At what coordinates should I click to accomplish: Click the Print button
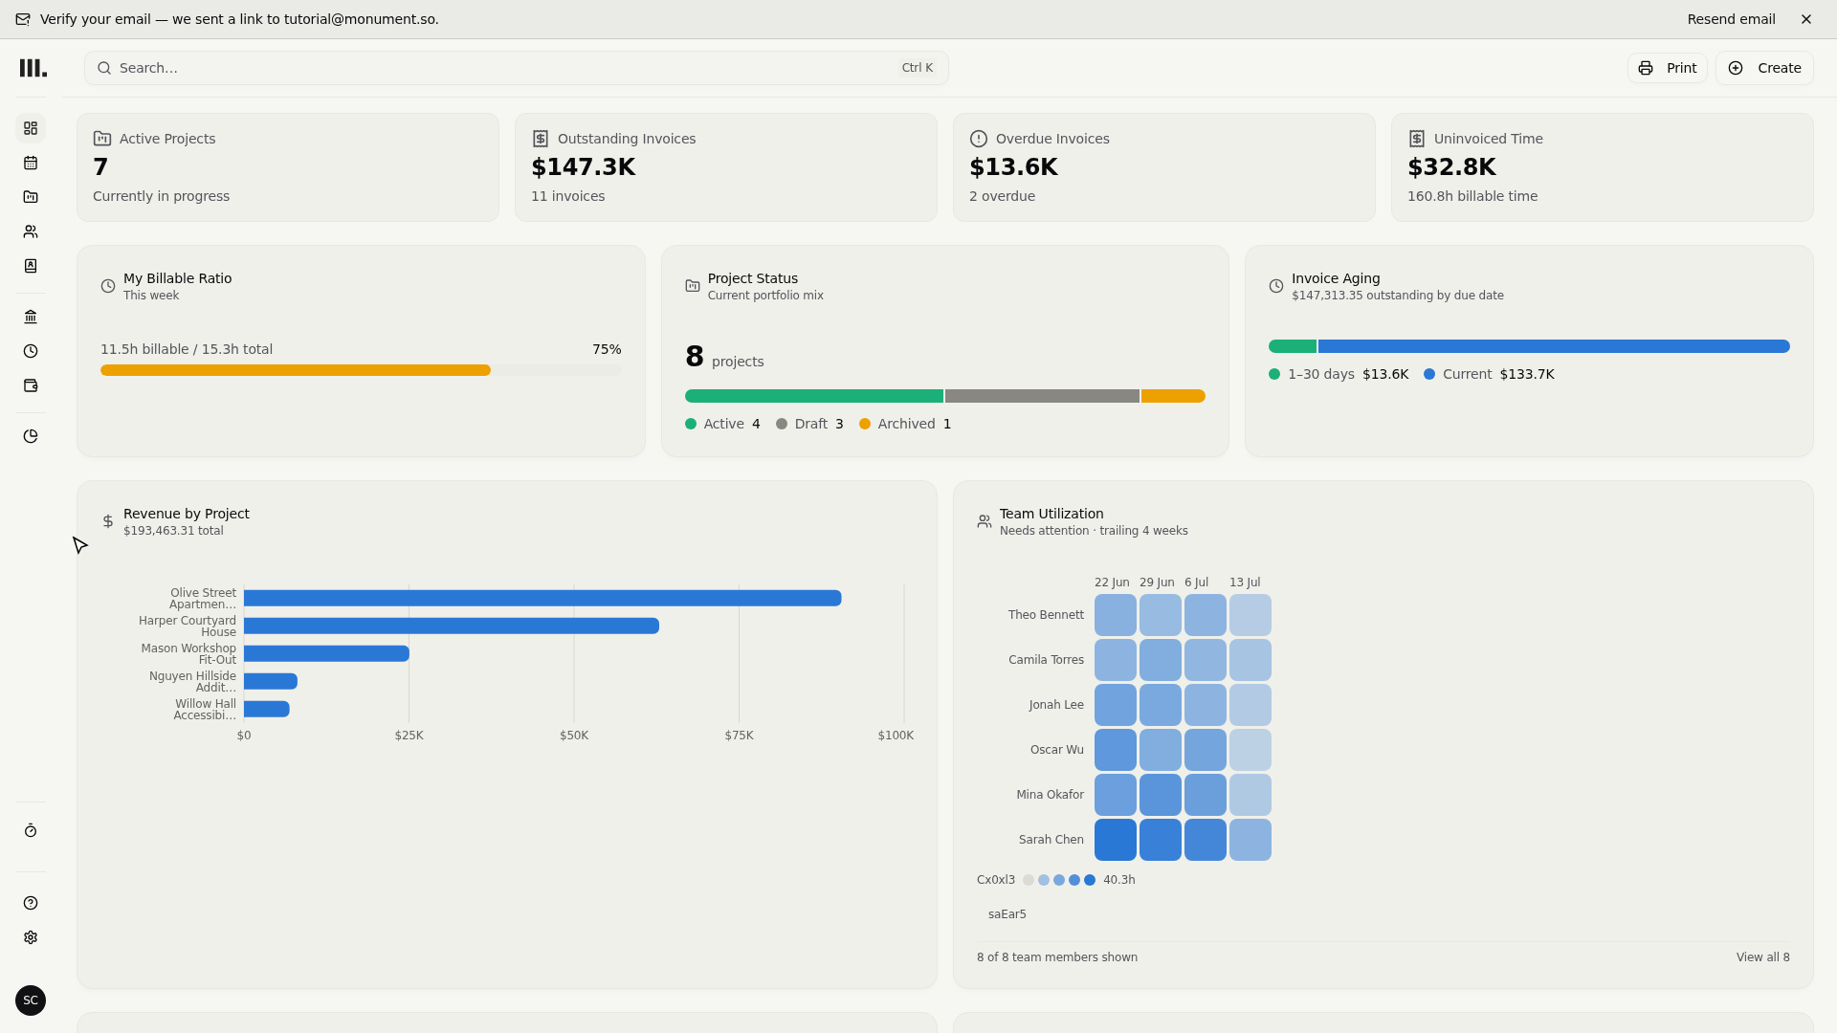1667,68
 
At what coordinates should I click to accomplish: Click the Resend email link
1731,19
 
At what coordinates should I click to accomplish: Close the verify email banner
1806,19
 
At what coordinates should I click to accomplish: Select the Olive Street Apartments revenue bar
542,598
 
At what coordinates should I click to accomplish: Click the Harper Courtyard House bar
452,626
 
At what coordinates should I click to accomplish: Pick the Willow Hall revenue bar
267,709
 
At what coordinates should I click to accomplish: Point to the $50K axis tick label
574,736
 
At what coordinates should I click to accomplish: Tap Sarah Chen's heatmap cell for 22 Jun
1116,840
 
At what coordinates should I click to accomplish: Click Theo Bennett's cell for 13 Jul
1250,615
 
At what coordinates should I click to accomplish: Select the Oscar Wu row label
1057,750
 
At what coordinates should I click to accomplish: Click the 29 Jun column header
1157,582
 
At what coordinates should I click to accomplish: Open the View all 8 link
1762,957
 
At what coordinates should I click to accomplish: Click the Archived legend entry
905,424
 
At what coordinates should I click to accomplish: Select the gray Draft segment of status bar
1042,396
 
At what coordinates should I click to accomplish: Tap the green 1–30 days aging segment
1293,346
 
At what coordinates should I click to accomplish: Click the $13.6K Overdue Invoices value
1013,167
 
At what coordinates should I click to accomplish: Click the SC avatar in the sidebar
31,1000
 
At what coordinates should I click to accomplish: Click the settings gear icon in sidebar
31,937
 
